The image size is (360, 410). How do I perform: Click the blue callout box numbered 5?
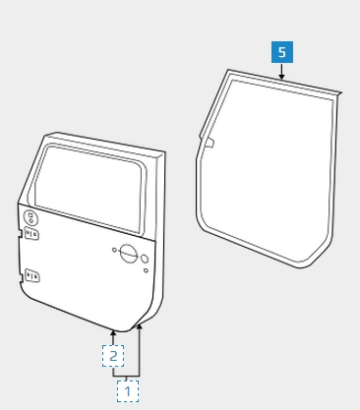[x=282, y=52]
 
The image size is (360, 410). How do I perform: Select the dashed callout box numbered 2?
[x=113, y=356]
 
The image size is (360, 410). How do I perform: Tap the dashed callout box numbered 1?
[x=128, y=391]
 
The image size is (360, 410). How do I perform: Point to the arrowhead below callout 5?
[x=281, y=77]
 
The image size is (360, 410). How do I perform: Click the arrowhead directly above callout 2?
[x=113, y=333]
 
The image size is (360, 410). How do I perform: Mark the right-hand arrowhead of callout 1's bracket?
[x=140, y=326]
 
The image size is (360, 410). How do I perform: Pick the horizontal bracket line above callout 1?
[x=127, y=376]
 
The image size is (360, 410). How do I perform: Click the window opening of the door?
[x=89, y=189]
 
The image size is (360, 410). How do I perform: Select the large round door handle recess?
[x=128, y=254]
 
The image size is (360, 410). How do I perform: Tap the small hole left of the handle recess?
[x=114, y=250]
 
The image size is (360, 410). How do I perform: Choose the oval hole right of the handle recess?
[x=145, y=259]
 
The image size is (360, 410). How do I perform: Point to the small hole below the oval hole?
[x=146, y=270]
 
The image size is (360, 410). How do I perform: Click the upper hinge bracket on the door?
[x=32, y=234]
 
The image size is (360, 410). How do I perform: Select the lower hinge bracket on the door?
[x=32, y=276]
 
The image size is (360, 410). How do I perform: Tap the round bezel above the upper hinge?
[x=30, y=218]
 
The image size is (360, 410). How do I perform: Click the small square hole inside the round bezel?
[x=30, y=215]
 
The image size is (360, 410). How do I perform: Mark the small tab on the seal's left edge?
[x=209, y=143]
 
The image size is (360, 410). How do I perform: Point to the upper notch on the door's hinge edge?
[x=21, y=233]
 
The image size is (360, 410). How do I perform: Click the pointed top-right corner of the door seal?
[x=340, y=93]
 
